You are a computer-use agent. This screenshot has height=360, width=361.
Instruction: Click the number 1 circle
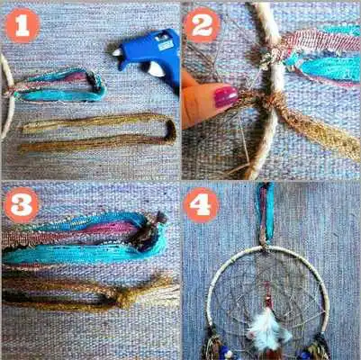pos(22,25)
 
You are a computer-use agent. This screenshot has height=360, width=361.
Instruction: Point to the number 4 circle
pos(202,205)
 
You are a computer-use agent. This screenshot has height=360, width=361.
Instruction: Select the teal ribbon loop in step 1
pos(63,85)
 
